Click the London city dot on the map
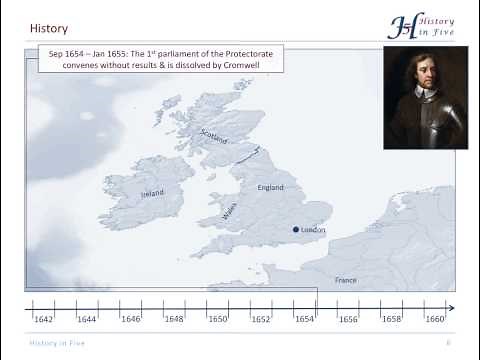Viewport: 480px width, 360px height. [296, 230]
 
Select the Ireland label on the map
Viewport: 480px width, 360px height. [152, 193]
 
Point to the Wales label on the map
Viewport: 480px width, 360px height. [230, 213]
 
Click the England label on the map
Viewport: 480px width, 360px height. [271, 187]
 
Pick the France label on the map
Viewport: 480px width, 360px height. [345, 280]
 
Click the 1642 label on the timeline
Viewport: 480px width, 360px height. [43, 320]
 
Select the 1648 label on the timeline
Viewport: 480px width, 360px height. [174, 320]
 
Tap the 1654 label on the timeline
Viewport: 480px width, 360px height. [304, 320]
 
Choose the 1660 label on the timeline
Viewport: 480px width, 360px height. [434, 320]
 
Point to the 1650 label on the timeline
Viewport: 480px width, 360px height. [217, 320]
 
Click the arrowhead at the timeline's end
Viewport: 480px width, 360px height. [451, 308]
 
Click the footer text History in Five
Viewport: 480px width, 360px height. [56, 343]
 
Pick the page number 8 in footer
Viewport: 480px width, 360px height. [447, 343]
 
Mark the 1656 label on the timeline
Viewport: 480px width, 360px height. [347, 320]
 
